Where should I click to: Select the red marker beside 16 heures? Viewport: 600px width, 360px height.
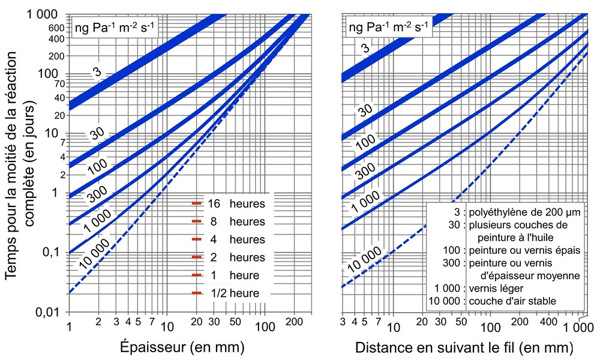196,203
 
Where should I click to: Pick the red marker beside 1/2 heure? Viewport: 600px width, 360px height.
196,293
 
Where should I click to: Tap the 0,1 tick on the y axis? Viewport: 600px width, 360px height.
53,252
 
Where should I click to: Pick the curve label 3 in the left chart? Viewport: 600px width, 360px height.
96,73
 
